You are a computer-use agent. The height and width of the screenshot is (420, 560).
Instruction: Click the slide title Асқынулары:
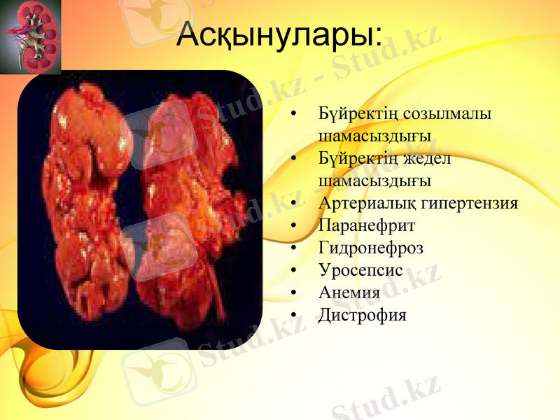pos(279,35)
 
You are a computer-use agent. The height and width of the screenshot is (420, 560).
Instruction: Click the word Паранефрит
pos(366,226)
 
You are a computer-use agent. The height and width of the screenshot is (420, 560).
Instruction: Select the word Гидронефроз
pos(370,248)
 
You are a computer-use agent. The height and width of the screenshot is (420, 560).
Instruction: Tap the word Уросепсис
pos(360,270)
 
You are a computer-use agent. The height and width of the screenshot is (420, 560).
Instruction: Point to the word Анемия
pos(349,293)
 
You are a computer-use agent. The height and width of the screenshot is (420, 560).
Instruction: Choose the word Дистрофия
pos(362,315)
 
